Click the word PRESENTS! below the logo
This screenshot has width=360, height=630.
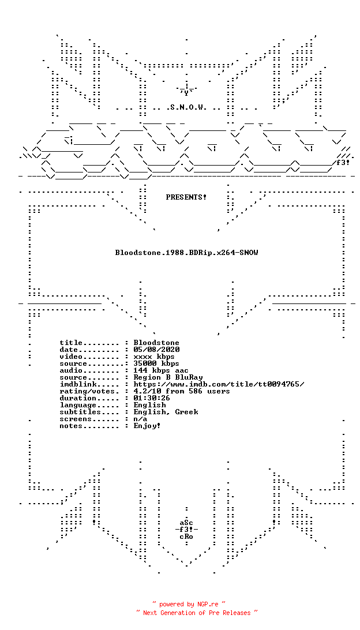tap(186, 197)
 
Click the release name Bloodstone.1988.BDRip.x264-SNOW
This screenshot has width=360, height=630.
tap(186, 253)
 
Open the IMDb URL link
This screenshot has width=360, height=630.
tap(219, 384)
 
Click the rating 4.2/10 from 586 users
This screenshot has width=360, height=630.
tap(182, 391)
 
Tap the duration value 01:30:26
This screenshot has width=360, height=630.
tap(152, 398)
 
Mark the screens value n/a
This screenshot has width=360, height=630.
tap(141, 419)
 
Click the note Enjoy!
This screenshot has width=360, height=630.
tap(148, 426)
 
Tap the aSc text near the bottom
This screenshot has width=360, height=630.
tap(186, 523)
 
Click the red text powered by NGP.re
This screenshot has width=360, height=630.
tap(189, 604)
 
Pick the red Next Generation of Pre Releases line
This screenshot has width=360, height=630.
tap(197, 613)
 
